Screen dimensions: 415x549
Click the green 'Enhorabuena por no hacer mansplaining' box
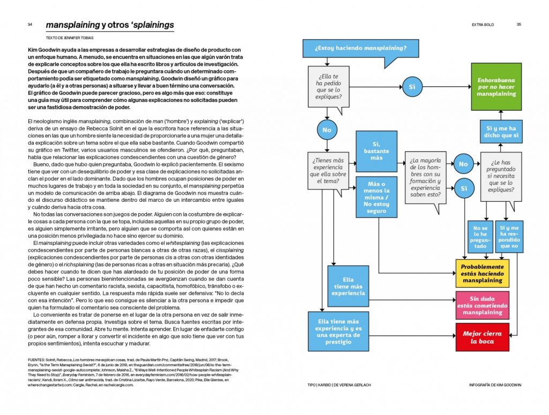coord(496,86)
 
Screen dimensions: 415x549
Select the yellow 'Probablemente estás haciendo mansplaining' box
coord(482,273)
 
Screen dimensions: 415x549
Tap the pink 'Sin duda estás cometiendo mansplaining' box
coord(482,304)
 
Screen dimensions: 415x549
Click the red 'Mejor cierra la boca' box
coord(482,337)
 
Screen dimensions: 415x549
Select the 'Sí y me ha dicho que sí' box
coord(501,132)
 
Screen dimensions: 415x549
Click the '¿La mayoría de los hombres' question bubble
coord(426,177)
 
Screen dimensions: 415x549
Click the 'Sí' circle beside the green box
coord(412,86)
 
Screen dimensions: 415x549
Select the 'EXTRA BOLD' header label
coord(483,25)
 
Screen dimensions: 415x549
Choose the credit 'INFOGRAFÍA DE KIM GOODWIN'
coord(495,385)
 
